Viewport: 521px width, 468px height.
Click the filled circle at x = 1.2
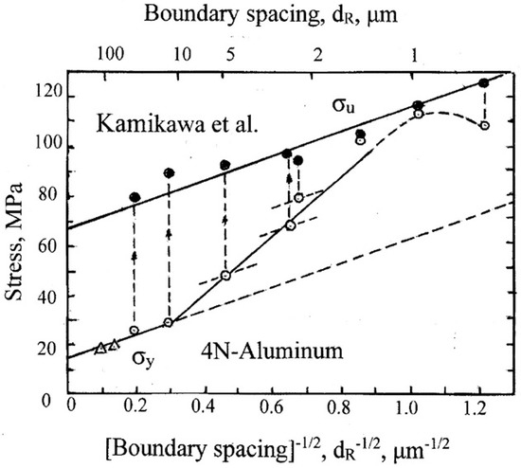click(484, 83)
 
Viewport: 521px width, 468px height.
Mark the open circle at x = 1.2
click(484, 125)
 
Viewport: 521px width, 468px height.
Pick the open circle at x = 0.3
click(169, 323)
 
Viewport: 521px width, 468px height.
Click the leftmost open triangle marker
click(100, 348)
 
